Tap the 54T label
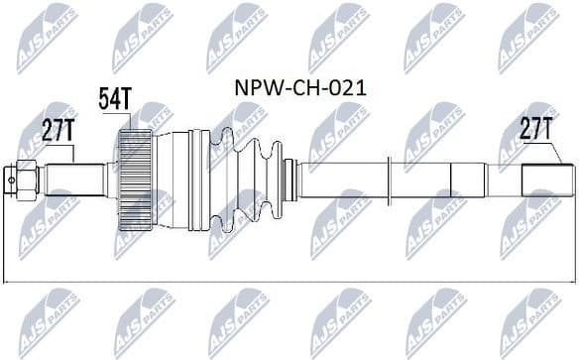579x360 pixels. pyautogui.click(x=114, y=97)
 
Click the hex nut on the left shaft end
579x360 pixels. pyautogui.click(x=26, y=178)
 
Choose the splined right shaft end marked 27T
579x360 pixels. pyautogui.click(x=548, y=180)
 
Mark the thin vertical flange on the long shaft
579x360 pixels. pyautogui.click(x=403, y=179)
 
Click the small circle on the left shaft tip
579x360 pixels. pyautogui.click(x=9, y=179)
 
